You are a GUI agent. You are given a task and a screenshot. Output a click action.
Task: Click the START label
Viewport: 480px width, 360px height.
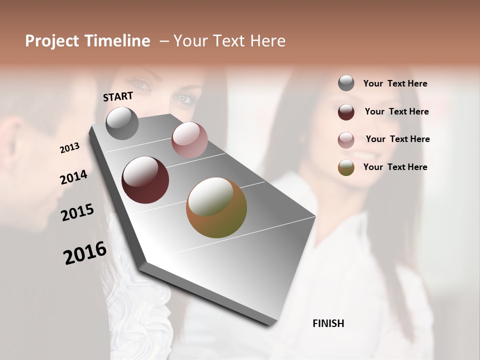[118, 96]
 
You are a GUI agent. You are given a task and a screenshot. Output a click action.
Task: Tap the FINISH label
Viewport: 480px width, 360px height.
[328, 323]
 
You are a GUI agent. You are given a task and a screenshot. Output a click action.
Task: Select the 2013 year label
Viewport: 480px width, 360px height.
[69, 148]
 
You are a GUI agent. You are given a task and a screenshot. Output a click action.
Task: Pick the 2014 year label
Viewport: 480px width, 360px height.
[73, 177]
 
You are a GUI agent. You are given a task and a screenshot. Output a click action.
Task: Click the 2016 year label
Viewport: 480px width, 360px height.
[85, 252]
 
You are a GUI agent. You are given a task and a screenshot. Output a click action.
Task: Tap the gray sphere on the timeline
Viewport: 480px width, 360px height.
[122, 123]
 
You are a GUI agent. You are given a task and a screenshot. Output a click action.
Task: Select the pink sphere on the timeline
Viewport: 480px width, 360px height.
[189, 140]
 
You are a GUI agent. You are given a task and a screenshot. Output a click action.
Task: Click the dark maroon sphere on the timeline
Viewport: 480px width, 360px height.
[145, 180]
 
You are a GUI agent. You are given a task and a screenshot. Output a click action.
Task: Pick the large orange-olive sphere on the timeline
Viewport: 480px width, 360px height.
[216, 207]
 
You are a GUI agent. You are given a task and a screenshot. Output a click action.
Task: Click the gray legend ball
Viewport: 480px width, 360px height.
[346, 83]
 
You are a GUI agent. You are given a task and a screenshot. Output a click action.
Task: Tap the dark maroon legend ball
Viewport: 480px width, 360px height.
[346, 112]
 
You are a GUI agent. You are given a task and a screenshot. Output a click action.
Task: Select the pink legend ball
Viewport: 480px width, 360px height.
[346, 140]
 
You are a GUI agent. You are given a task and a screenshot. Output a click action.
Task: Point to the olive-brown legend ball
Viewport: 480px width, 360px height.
[346, 167]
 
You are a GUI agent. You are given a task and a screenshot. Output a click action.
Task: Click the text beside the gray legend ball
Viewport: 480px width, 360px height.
[395, 83]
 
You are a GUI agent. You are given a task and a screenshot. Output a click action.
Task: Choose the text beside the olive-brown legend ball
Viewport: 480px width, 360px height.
[395, 167]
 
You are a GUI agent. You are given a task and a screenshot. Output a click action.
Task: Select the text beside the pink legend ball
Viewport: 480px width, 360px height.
[397, 139]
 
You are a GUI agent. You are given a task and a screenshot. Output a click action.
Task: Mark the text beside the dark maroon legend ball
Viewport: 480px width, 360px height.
[396, 111]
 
